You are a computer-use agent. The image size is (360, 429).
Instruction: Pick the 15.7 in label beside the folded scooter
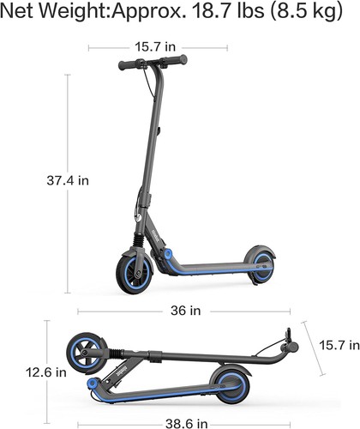tap(339, 345)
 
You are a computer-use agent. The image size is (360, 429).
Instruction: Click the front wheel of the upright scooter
tap(134, 269)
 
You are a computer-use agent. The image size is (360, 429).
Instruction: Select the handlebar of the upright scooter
tap(153, 64)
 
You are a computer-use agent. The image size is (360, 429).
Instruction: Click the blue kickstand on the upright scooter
tap(170, 255)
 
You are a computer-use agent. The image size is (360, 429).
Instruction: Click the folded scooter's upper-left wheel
tap(87, 350)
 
